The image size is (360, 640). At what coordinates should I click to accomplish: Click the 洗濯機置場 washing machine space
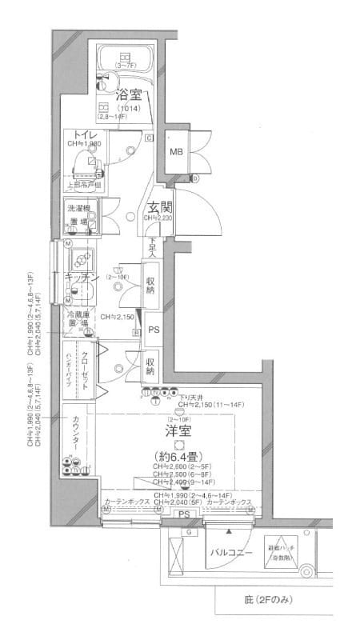[78, 215]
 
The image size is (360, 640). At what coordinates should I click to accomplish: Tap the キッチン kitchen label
[81, 276]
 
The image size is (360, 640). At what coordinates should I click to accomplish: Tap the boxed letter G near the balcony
[189, 530]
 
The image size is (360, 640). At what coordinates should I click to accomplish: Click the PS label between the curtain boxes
[183, 514]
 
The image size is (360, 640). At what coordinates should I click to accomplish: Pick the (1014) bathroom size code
[127, 108]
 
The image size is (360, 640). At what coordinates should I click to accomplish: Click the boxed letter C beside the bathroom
[150, 138]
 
